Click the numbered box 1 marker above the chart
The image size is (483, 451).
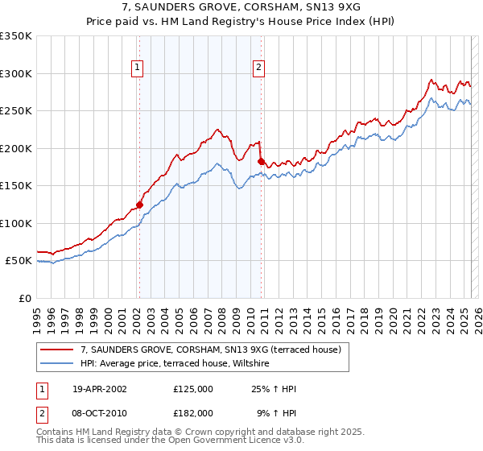coord(138,68)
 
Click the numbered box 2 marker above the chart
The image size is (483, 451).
coord(259,68)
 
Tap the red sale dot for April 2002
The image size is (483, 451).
coord(139,205)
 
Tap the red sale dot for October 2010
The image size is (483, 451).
coord(261,162)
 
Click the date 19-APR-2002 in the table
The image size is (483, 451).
coord(100,389)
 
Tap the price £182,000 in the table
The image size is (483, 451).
coord(193,412)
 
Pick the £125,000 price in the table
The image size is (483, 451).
coord(193,389)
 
